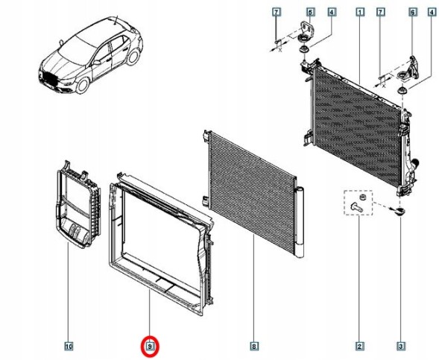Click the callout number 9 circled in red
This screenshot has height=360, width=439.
coord(151,347)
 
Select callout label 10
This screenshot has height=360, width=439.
coord(69,347)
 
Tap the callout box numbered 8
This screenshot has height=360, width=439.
coord(254,347)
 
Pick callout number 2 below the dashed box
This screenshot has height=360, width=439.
coord(359,347)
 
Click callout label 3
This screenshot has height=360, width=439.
coord(401,347)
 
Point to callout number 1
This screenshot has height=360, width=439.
coord(360,12)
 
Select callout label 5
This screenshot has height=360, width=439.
coord(310,12)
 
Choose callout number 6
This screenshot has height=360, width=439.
coord(413,12)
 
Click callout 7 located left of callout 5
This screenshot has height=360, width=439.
coord(277,12)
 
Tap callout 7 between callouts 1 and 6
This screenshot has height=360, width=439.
coord(380,12)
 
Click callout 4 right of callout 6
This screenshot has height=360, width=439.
coord(432,12)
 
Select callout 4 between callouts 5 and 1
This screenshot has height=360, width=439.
coord(332,12)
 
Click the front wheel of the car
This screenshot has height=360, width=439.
coord(83,85)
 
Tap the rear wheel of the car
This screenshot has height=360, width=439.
coord(133,56)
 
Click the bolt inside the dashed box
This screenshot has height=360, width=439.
coord(356,207)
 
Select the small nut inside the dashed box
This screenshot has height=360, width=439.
coord(361,197)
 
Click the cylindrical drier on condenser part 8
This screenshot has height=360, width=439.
coord(300,221)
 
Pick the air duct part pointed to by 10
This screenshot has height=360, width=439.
coord(78,205)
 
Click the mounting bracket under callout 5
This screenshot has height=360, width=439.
coord(306,30)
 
